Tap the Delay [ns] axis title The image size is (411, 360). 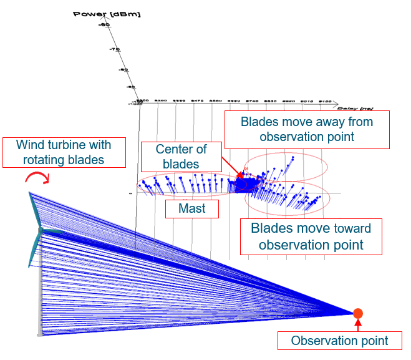click(x=318, y=107)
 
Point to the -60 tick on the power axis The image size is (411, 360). click(x=104, y=25)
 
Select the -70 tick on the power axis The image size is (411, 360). click(x=114, y=49)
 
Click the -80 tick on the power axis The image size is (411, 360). click(x=123, y=70)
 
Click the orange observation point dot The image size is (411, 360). click(x=357, y=313)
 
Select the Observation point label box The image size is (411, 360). click(x=339, y=341)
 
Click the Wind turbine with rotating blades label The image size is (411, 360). click(x=64, y=152)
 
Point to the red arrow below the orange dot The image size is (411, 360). click(x=357, y=324)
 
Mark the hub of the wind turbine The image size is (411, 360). click(x=41, y=230)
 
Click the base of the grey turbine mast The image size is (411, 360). click(x=41, y=333)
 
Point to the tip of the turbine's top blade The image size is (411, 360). click(x=29, y=193)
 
